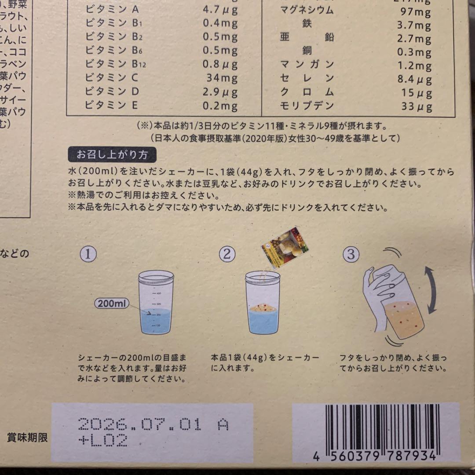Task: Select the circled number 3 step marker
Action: pyautogui.click(x=351, y=255)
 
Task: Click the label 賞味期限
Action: pyautogui.click(x=27, y=437)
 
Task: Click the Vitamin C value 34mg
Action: pyautogui.click(x=222, y=79)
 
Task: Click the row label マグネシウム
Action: pyautogui.click(x=307, y=10)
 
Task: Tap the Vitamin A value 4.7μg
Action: pyautogui.click(x=220, y=10)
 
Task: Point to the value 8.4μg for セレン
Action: pyautogui.click(x=414, y=79)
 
